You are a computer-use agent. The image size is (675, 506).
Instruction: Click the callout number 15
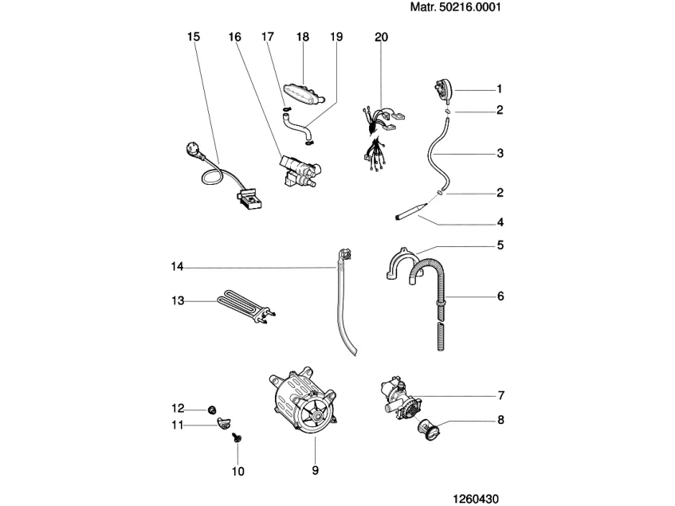tap(194, 37)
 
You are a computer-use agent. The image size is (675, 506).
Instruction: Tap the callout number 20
tap(381, 37)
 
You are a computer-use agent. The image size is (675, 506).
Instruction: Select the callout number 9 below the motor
tap(315, 471)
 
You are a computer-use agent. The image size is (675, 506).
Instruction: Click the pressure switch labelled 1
tap(442, 90)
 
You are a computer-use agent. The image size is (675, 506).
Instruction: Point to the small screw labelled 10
tap(237, 437)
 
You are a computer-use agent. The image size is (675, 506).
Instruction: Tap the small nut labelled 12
tap(211, 409)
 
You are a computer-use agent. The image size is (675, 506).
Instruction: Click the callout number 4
tap(500, 222)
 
